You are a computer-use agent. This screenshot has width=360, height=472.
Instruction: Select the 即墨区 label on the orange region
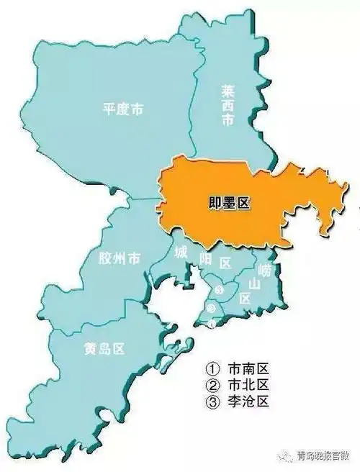pyautogui.click(x=223, y=204)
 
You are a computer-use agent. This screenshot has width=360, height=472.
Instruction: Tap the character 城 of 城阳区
pyautogui.click(x=182, y=252)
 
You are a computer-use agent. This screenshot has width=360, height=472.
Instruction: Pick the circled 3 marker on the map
pyautogui.click(x=219, y=290)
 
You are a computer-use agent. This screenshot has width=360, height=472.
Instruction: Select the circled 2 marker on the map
pyautogui.click(x=211, y=308)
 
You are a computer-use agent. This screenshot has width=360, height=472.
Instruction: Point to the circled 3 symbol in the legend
pyautogui.click(x=212, y=404)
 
